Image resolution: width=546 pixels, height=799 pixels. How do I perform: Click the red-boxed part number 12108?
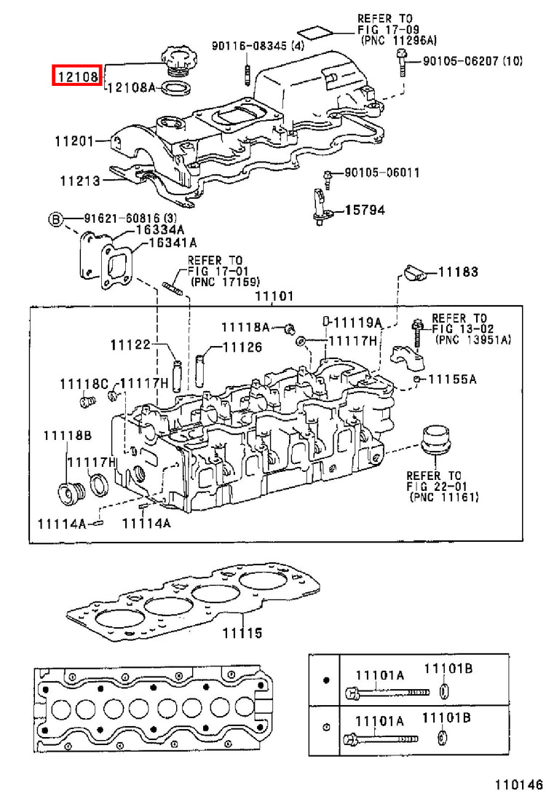tap(78, 76)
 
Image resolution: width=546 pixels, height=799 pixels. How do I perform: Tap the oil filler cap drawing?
tap(176, 62)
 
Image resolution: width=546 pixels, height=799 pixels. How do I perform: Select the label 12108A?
tap(132, 87)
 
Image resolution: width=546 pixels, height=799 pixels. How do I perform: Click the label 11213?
tap(80, 181)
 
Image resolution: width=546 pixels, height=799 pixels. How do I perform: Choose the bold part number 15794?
tap(365, 210)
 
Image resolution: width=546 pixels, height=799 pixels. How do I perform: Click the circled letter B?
tap(55, 220)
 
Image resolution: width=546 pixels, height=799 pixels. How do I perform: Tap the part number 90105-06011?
tap(382, 173)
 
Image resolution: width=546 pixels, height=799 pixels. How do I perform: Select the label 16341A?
tap(172, 243)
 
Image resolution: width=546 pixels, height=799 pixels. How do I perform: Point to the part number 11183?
tap(459, 272)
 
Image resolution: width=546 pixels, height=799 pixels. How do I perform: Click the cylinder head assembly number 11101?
tap(274, 296)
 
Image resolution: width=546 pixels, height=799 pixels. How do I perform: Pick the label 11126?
tap(243, 347)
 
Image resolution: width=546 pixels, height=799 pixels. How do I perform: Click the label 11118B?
tap(67, 435)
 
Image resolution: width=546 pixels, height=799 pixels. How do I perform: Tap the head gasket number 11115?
tap(242, 633)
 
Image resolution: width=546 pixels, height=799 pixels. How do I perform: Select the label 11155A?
tap(452, 379)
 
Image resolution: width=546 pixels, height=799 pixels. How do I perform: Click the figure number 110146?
tap(515, 783)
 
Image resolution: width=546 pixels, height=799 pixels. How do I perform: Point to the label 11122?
tap(130, 345)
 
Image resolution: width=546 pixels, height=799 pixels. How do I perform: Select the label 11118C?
tap(84, 384)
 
